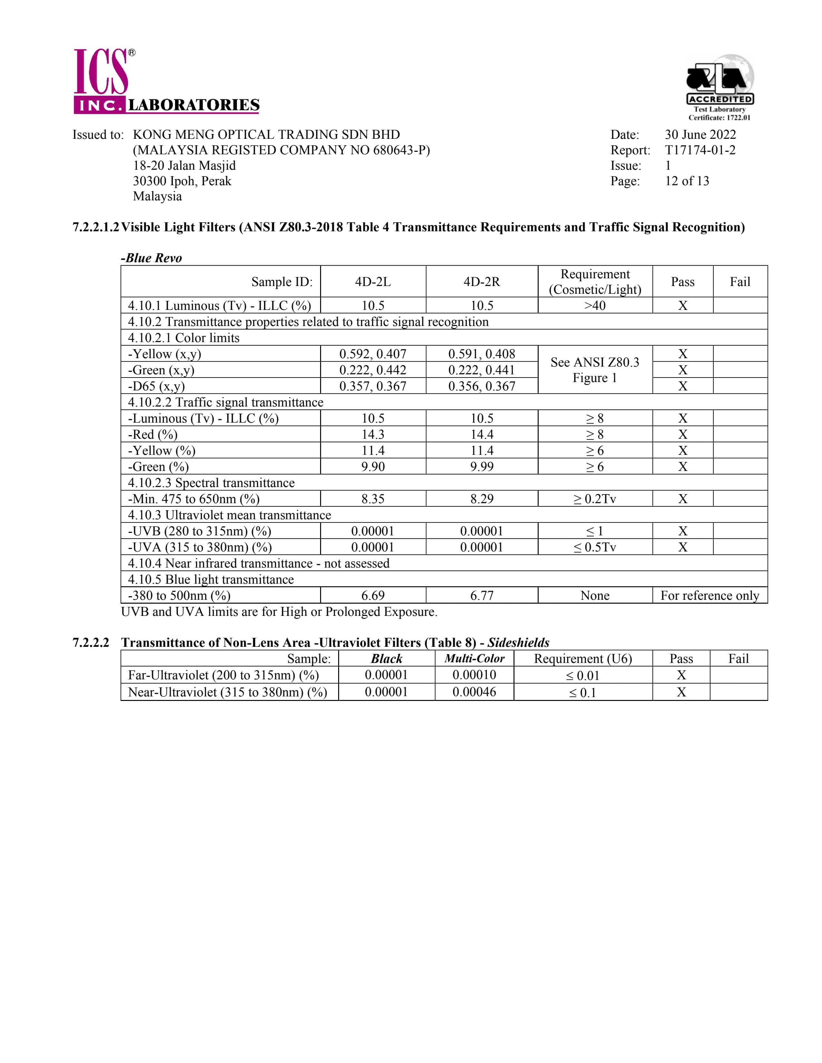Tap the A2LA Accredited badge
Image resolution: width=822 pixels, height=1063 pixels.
point(720,87)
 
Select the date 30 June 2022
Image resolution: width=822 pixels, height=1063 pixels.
point(700,135)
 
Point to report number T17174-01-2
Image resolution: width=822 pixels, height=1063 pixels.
point(700,150)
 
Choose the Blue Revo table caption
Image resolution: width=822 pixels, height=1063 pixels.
point(152,258)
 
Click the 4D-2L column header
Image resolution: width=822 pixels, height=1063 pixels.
point(373,282)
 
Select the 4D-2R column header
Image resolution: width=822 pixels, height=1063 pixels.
point(482,282)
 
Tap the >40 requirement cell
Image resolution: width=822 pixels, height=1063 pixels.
point(595,306)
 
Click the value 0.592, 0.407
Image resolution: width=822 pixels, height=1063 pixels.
point(373,354)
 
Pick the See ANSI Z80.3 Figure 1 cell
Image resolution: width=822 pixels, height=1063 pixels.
point(595,370)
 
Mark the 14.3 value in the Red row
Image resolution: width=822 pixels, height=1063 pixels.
point(373,434)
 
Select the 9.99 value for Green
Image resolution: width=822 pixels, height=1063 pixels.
point(482,467)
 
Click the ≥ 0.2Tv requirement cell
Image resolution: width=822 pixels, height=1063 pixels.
point(595,499)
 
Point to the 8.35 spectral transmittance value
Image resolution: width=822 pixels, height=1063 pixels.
point(373,499)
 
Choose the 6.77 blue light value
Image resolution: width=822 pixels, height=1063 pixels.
point(482,596)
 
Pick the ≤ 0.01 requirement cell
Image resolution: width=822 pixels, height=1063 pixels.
point(582,675)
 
